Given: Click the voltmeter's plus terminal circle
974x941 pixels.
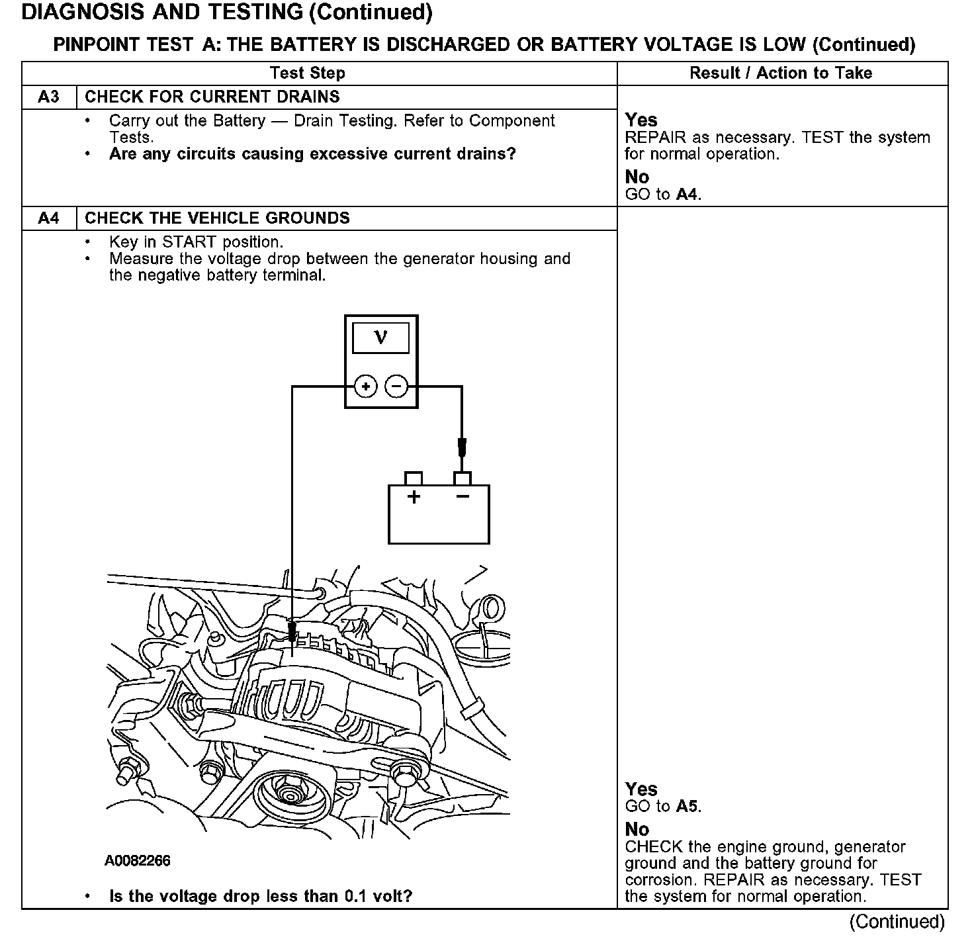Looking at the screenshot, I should [366, 386].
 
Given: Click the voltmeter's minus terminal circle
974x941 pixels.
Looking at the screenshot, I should [396, 386].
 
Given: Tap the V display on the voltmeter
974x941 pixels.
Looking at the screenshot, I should [380, 338].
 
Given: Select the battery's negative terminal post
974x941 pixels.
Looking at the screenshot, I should [462, 478].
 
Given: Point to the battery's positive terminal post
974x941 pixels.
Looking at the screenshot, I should [414, 478].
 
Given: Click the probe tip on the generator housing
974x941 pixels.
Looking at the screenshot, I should [292, 633].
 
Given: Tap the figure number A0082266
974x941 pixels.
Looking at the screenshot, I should [137, 860].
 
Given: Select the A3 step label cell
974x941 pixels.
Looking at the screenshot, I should [49, 97].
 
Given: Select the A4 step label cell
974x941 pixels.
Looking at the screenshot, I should [49, 218].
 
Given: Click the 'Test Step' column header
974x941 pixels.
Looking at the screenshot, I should [308, 73].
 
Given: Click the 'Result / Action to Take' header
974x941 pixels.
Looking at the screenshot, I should [781, 73].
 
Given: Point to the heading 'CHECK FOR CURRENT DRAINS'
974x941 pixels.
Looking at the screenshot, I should [212, 97].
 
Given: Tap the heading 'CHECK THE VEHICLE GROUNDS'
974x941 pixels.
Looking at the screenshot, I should [217, 218].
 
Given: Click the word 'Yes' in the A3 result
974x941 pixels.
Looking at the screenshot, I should [641, 120].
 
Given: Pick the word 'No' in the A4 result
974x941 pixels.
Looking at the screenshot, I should [637, 829].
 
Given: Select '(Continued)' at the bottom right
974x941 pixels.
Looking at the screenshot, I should [897, 922].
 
